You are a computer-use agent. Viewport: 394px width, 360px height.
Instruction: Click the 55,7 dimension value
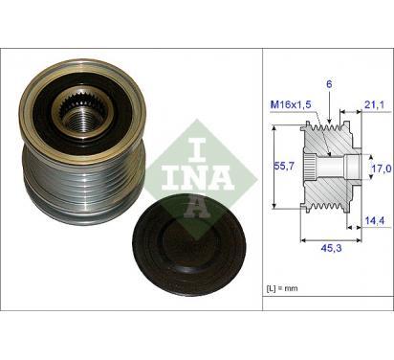(285, 167)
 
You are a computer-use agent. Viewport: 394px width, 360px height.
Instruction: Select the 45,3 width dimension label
(331, 248)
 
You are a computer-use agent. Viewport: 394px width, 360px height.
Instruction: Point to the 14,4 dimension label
(375, 219)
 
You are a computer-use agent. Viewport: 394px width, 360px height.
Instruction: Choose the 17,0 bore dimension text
(382, 168)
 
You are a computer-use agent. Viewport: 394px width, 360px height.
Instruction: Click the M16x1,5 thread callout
(291, 104)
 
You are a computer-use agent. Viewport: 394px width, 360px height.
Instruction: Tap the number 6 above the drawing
(329, 84)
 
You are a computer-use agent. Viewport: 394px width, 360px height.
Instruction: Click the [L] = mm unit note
(282, 288)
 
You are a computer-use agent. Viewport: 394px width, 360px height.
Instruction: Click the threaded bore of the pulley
(81, 121)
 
